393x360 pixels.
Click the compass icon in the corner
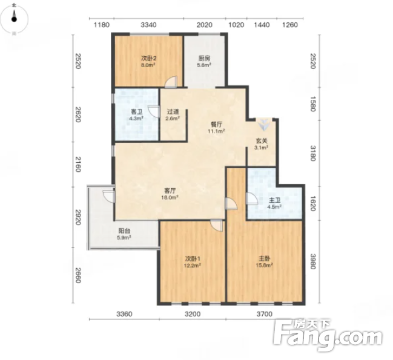click(15, 19)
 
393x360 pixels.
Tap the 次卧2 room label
click(149, 62)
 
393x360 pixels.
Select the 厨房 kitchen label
click(204, 62)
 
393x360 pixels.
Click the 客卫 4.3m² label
click(136, 115)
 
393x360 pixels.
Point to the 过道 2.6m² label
click(173, 115)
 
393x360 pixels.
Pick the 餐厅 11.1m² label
click(216, 128)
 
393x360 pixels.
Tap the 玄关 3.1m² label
click(262, 144)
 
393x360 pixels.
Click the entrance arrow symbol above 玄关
click(264, 125)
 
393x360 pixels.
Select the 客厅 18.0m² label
click(170, 194)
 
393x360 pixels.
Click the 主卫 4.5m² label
click(274, 203)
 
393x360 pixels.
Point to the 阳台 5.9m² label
click(124, 234)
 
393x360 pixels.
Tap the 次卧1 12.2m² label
click(193, 262)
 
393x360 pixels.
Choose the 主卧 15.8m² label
click(264, 261)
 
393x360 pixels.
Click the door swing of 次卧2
click(171, 82)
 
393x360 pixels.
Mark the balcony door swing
click(109, 196)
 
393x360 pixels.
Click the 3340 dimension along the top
click(148, 25)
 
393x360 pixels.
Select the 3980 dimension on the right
click(313, 261)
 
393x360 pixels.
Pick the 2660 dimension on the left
click(79, 275)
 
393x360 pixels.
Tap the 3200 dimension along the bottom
click(193, 313)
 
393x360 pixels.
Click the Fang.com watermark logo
click(328, 335)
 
